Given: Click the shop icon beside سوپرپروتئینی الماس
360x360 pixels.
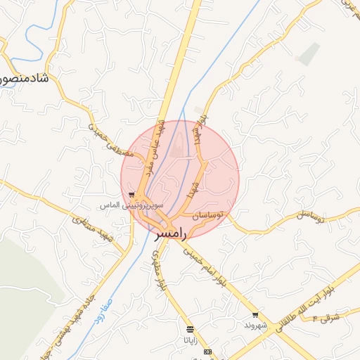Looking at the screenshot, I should tap(131, 195).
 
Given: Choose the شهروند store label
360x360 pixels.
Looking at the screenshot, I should tap(255, 326).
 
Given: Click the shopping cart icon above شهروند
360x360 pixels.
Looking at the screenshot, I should tap(255, 316).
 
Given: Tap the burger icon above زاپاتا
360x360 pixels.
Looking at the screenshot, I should tap(190, 329).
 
